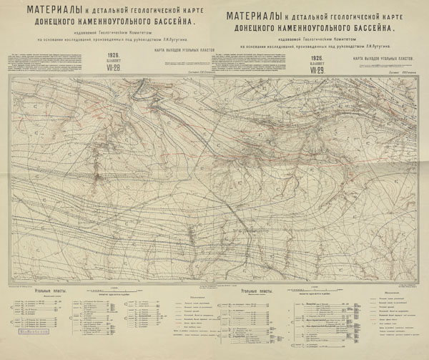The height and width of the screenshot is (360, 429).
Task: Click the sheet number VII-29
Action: click(317, 70)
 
